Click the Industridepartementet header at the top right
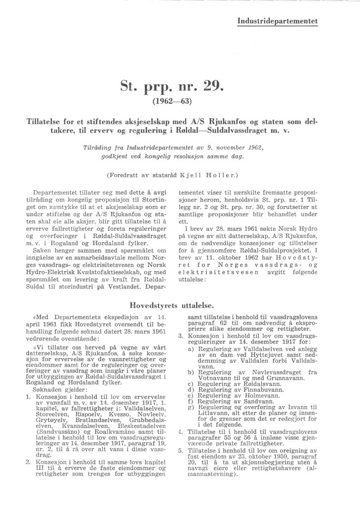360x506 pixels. click(x=278, y=21)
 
